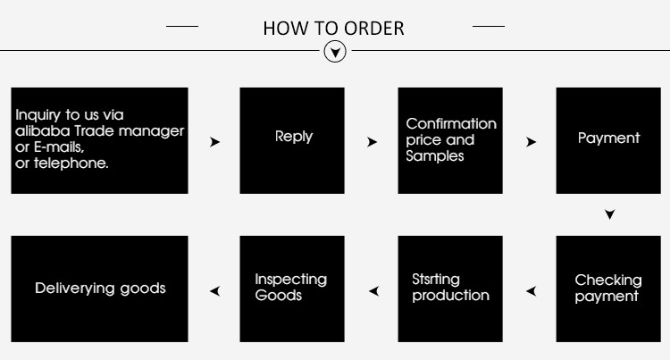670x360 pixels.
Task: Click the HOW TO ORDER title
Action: click(333, 28)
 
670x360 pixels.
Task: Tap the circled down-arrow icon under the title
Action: click(334, 52)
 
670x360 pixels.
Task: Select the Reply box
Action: click(292, 140)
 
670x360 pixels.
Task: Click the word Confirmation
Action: click(450, 124)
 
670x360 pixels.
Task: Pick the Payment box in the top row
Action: click(608, 140)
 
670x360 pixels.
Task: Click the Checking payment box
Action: click(608, 289)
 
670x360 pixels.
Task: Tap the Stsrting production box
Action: click(450, 289)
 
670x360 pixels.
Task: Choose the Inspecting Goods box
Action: click(292, 289)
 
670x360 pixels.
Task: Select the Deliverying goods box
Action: click(99, 289)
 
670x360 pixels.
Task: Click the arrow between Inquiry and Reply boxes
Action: click(214, 142)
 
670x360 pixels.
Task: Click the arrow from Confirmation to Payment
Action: click(531, 142)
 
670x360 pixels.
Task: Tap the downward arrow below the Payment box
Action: click(609, 214)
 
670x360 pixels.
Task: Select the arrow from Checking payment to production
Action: click(531, 290)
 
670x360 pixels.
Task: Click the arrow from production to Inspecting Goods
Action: click(373, 290)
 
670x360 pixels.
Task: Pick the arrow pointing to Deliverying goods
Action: click(214, 290)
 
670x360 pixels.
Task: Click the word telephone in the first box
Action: click(76, 163)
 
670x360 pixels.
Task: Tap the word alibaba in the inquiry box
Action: click(38, 131)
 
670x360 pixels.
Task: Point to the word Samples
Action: click(435, 156)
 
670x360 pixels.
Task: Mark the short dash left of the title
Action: click(182, 27)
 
